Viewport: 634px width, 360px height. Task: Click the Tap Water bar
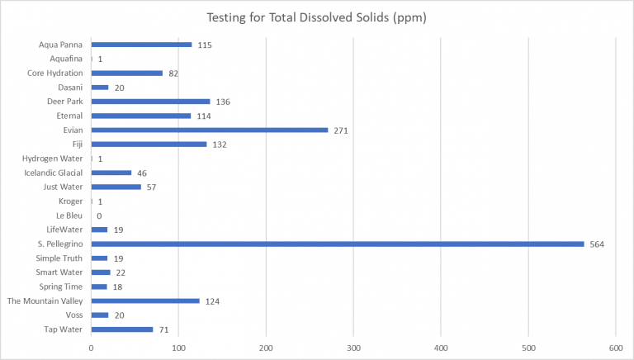(x=122, y=329)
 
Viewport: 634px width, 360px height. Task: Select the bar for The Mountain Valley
(x=145, y=301)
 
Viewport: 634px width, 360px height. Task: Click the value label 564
(x=598, y=244)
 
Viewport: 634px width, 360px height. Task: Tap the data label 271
(x=342, y=130)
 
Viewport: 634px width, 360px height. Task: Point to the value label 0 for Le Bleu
(x=99, y=216)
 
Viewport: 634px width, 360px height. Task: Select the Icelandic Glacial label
(x=53, y=173)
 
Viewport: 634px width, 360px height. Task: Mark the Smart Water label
(x=59, y=272)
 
